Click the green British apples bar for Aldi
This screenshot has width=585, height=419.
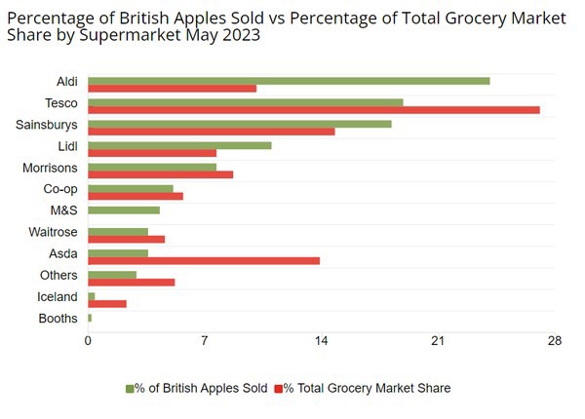pos(289,81)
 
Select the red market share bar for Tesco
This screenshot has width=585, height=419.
pos(314,109)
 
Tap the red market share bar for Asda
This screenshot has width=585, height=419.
pos(204,260)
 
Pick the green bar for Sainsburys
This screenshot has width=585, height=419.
pos(240,124)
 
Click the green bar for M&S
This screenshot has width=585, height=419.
pos(124,209)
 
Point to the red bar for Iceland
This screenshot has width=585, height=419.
pos(107,304)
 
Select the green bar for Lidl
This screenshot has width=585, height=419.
pos(179,145)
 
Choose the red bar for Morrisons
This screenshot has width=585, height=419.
pos(161,174)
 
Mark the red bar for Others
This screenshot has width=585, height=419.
pos(132,283)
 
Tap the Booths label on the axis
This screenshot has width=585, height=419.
pos(58,319)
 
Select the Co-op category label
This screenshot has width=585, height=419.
pos(60,189)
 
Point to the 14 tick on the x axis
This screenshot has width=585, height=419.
pos(322,340)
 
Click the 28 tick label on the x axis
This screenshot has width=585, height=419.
pos(555,340)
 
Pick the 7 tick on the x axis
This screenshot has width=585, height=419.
pos(205,340)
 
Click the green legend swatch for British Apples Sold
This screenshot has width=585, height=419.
pos(131,389)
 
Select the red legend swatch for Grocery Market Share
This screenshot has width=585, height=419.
pos(278,389)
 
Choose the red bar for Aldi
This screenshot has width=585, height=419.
pos(172,88)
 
